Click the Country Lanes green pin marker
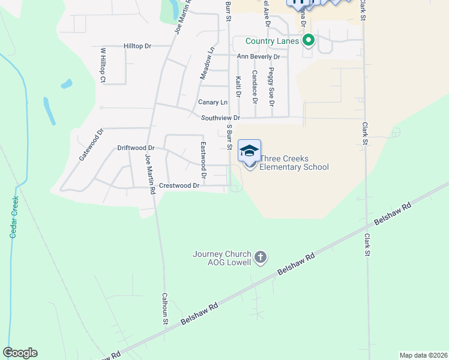(309, 41)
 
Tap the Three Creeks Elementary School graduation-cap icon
(249, 151)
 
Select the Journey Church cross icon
(261, 257)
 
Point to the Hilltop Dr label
(137, 46)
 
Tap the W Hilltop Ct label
(103, 65)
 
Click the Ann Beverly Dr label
(258, 56)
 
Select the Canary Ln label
(213, 103)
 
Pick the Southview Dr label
(220, 118)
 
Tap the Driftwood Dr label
(136, 148)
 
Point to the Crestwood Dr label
(179, 186)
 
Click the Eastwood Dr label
(203, 161)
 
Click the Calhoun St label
(165, 309)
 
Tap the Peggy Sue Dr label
(271, 88)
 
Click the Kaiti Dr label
(238, 87)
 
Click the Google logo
(20, 353)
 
